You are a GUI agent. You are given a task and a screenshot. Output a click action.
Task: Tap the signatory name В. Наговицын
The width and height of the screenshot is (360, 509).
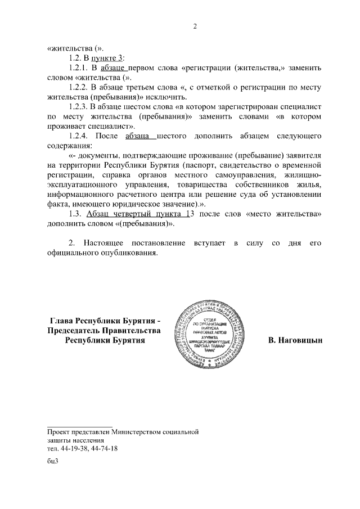click(295, 340)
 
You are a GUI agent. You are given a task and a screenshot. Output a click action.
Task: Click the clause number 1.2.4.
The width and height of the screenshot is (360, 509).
click(79, 136)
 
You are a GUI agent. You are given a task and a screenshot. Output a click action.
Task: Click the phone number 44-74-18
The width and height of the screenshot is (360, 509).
click(104, 448)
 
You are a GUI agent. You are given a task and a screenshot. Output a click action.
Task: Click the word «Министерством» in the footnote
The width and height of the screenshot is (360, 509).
click(137, 431)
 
